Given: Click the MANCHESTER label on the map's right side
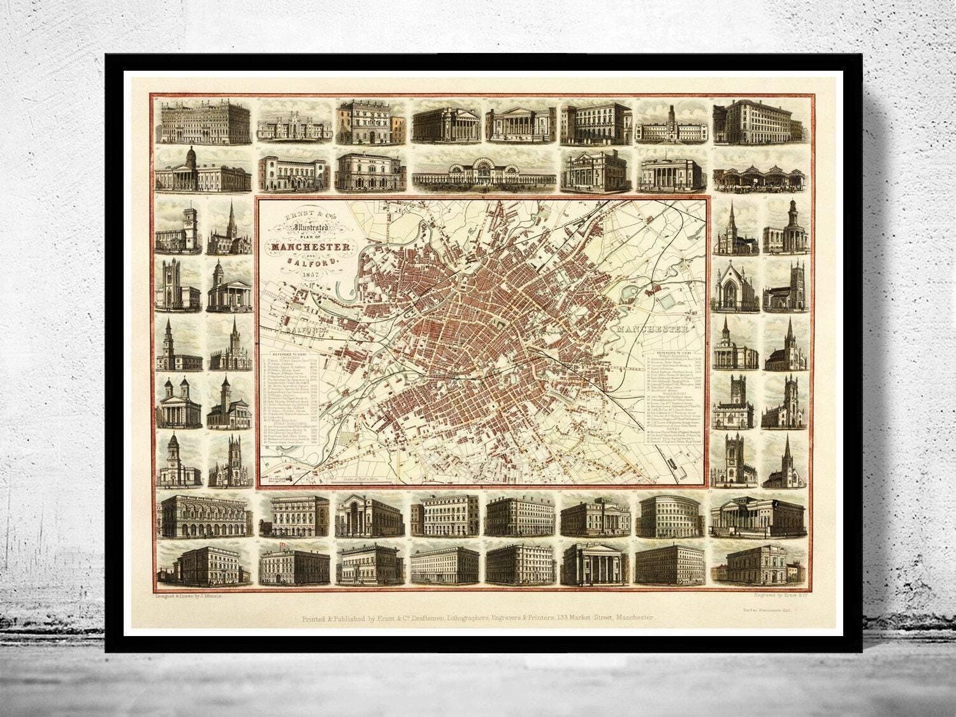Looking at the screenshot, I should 651,330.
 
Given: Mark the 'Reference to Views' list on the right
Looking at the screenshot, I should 674,395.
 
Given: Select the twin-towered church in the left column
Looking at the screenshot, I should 180,403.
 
